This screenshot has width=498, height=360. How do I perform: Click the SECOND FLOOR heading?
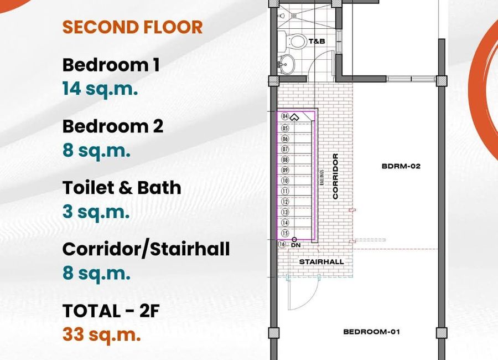(132, 27)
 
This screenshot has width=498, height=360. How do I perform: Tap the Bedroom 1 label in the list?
(111, 65)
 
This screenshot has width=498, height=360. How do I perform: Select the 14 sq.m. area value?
(100, 89)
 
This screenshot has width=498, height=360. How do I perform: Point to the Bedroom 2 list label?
(113, 126)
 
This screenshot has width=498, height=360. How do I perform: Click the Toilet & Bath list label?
(122, 187)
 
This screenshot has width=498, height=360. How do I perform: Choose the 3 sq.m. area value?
(96, 212)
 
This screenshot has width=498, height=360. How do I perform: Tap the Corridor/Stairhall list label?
(146, 249)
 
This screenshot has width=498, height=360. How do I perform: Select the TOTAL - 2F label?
(111, 311)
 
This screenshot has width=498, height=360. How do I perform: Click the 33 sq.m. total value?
(102, 335)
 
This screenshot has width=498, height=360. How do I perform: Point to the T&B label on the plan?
(317, 41)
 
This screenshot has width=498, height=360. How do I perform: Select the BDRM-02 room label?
(401, 166)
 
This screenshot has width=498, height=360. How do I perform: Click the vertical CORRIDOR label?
(335, 177)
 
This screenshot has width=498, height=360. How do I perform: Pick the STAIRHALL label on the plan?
(321, 262)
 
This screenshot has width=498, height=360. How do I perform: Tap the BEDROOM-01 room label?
(372, 332)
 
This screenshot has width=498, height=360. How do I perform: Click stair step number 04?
(285, 116)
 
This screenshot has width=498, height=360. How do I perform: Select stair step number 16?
(282, 244)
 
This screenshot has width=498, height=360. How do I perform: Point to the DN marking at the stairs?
(295, 245)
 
